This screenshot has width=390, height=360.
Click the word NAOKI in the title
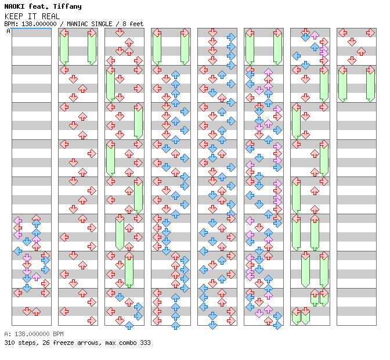[x=15, y=6]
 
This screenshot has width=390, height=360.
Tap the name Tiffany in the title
[x=67, y=7]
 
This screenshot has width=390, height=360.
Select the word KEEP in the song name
[x=14, y=16]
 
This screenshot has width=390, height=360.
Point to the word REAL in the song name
[x=50, y=16]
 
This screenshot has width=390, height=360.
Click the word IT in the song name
[x=32, y=16]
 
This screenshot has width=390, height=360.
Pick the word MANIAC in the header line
[x=77, y=24]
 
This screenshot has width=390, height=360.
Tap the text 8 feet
[x=133, y=24]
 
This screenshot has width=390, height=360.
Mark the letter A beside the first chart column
[x=9, y=31]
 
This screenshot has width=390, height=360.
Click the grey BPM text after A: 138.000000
[x=59, y=334]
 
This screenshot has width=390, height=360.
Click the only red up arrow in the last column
[x=361, y=52]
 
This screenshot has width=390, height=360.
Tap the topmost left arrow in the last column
[x=343, y=33]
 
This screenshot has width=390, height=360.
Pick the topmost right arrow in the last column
[x=370, y=33]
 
